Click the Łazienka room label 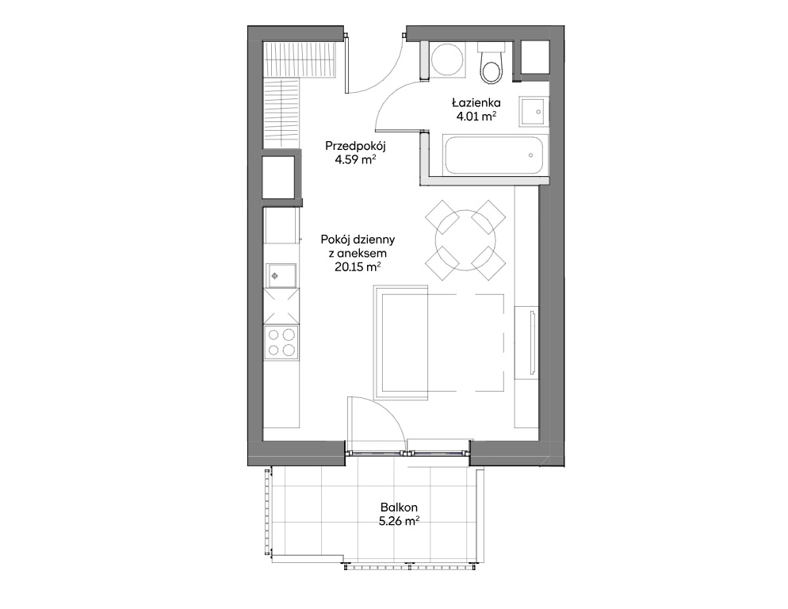476,103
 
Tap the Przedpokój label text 355,147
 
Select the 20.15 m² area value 358,267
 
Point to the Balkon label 399,508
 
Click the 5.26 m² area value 399,522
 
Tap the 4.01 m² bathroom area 476,117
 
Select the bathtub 492,155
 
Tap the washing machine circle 448,59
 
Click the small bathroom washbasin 534,111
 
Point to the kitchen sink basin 281,275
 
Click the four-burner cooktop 281,343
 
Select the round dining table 465,240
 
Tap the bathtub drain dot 530,155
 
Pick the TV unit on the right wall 526,342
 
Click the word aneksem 364,254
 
